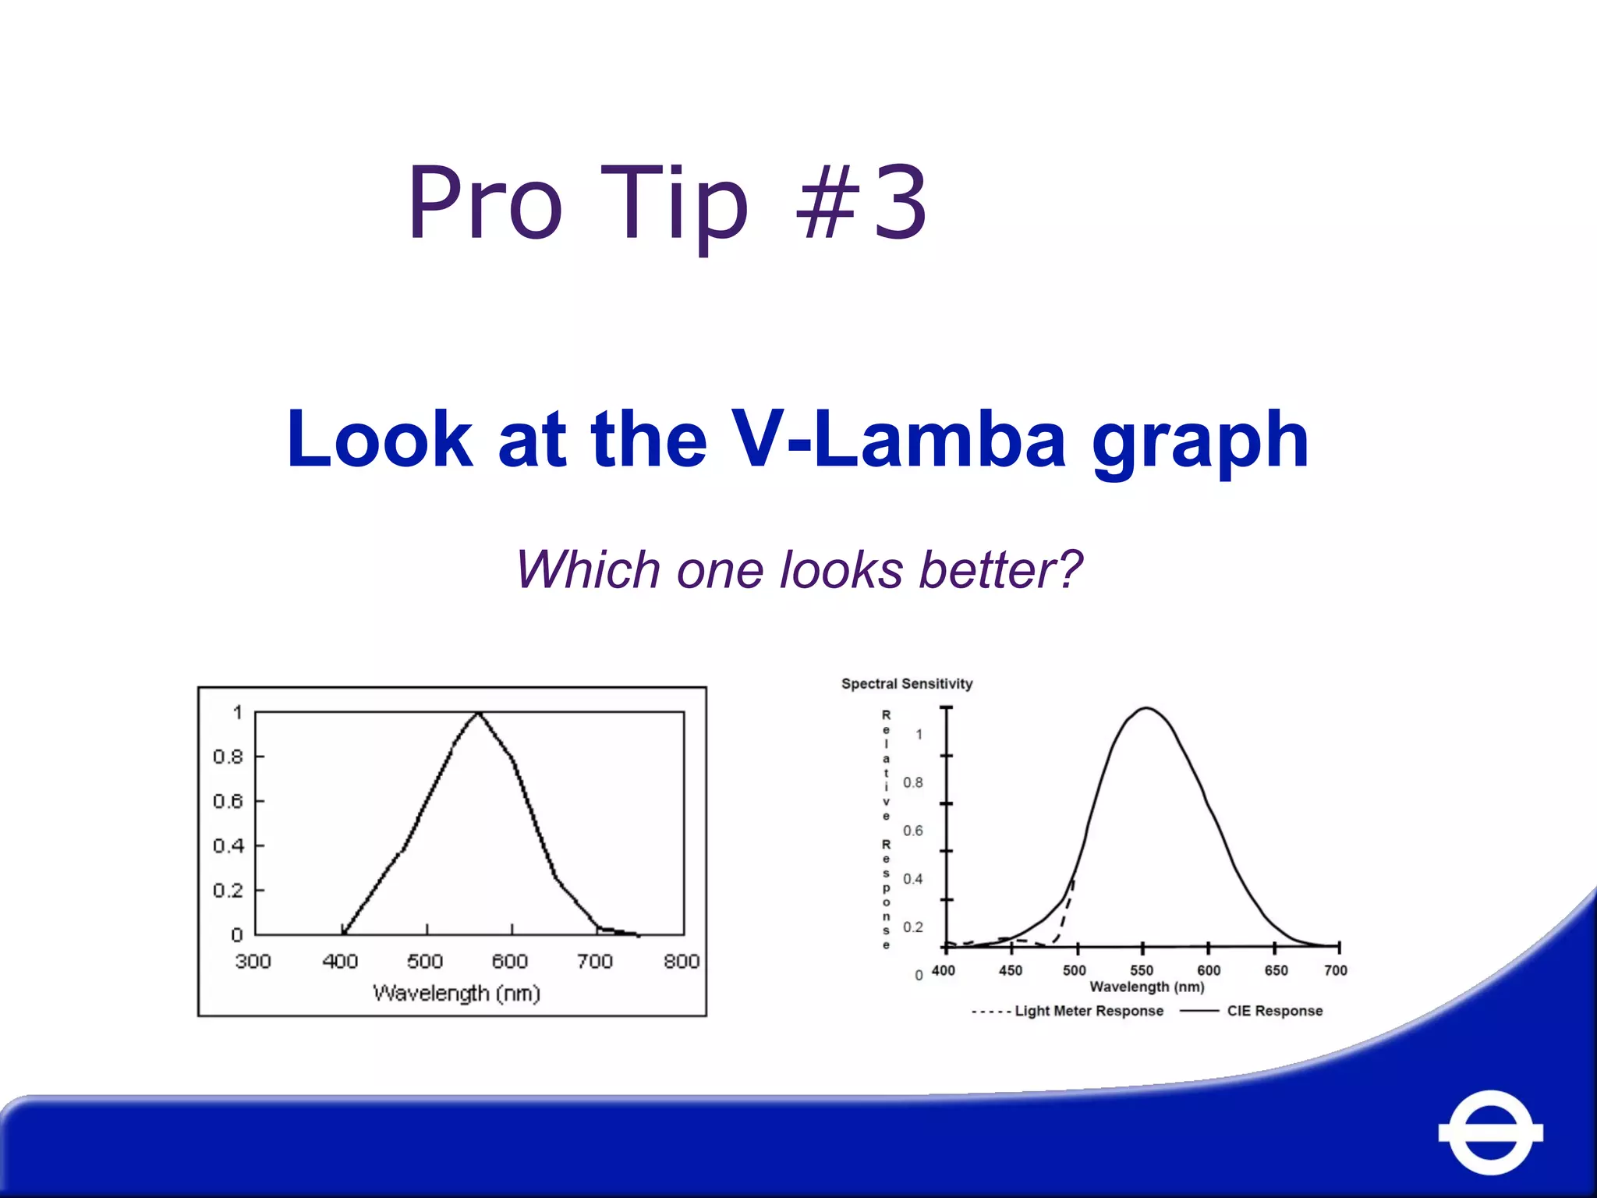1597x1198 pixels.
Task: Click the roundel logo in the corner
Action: point(1490,1132)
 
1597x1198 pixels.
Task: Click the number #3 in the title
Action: point(861,203)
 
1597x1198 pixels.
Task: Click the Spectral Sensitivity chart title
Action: point(907,684)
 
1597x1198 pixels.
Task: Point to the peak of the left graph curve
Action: point(478,713)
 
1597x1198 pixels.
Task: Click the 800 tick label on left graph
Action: point(681,961)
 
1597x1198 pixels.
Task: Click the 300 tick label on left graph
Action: point(253,961)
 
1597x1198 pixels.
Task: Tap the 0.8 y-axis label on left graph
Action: point(228,757)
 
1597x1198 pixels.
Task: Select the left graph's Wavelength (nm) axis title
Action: point(456,993)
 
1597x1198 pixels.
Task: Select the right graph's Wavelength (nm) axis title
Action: point(1146,987)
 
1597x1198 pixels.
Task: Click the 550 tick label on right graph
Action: point(1141,970)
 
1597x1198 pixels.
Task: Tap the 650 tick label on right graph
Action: point(1276,970)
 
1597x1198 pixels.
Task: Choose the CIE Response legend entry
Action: point(1274,1011)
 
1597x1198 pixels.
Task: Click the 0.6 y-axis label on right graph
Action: point(912,831)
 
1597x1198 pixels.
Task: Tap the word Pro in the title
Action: point(484,203)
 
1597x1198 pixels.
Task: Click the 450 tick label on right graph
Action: point(1010,970)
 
